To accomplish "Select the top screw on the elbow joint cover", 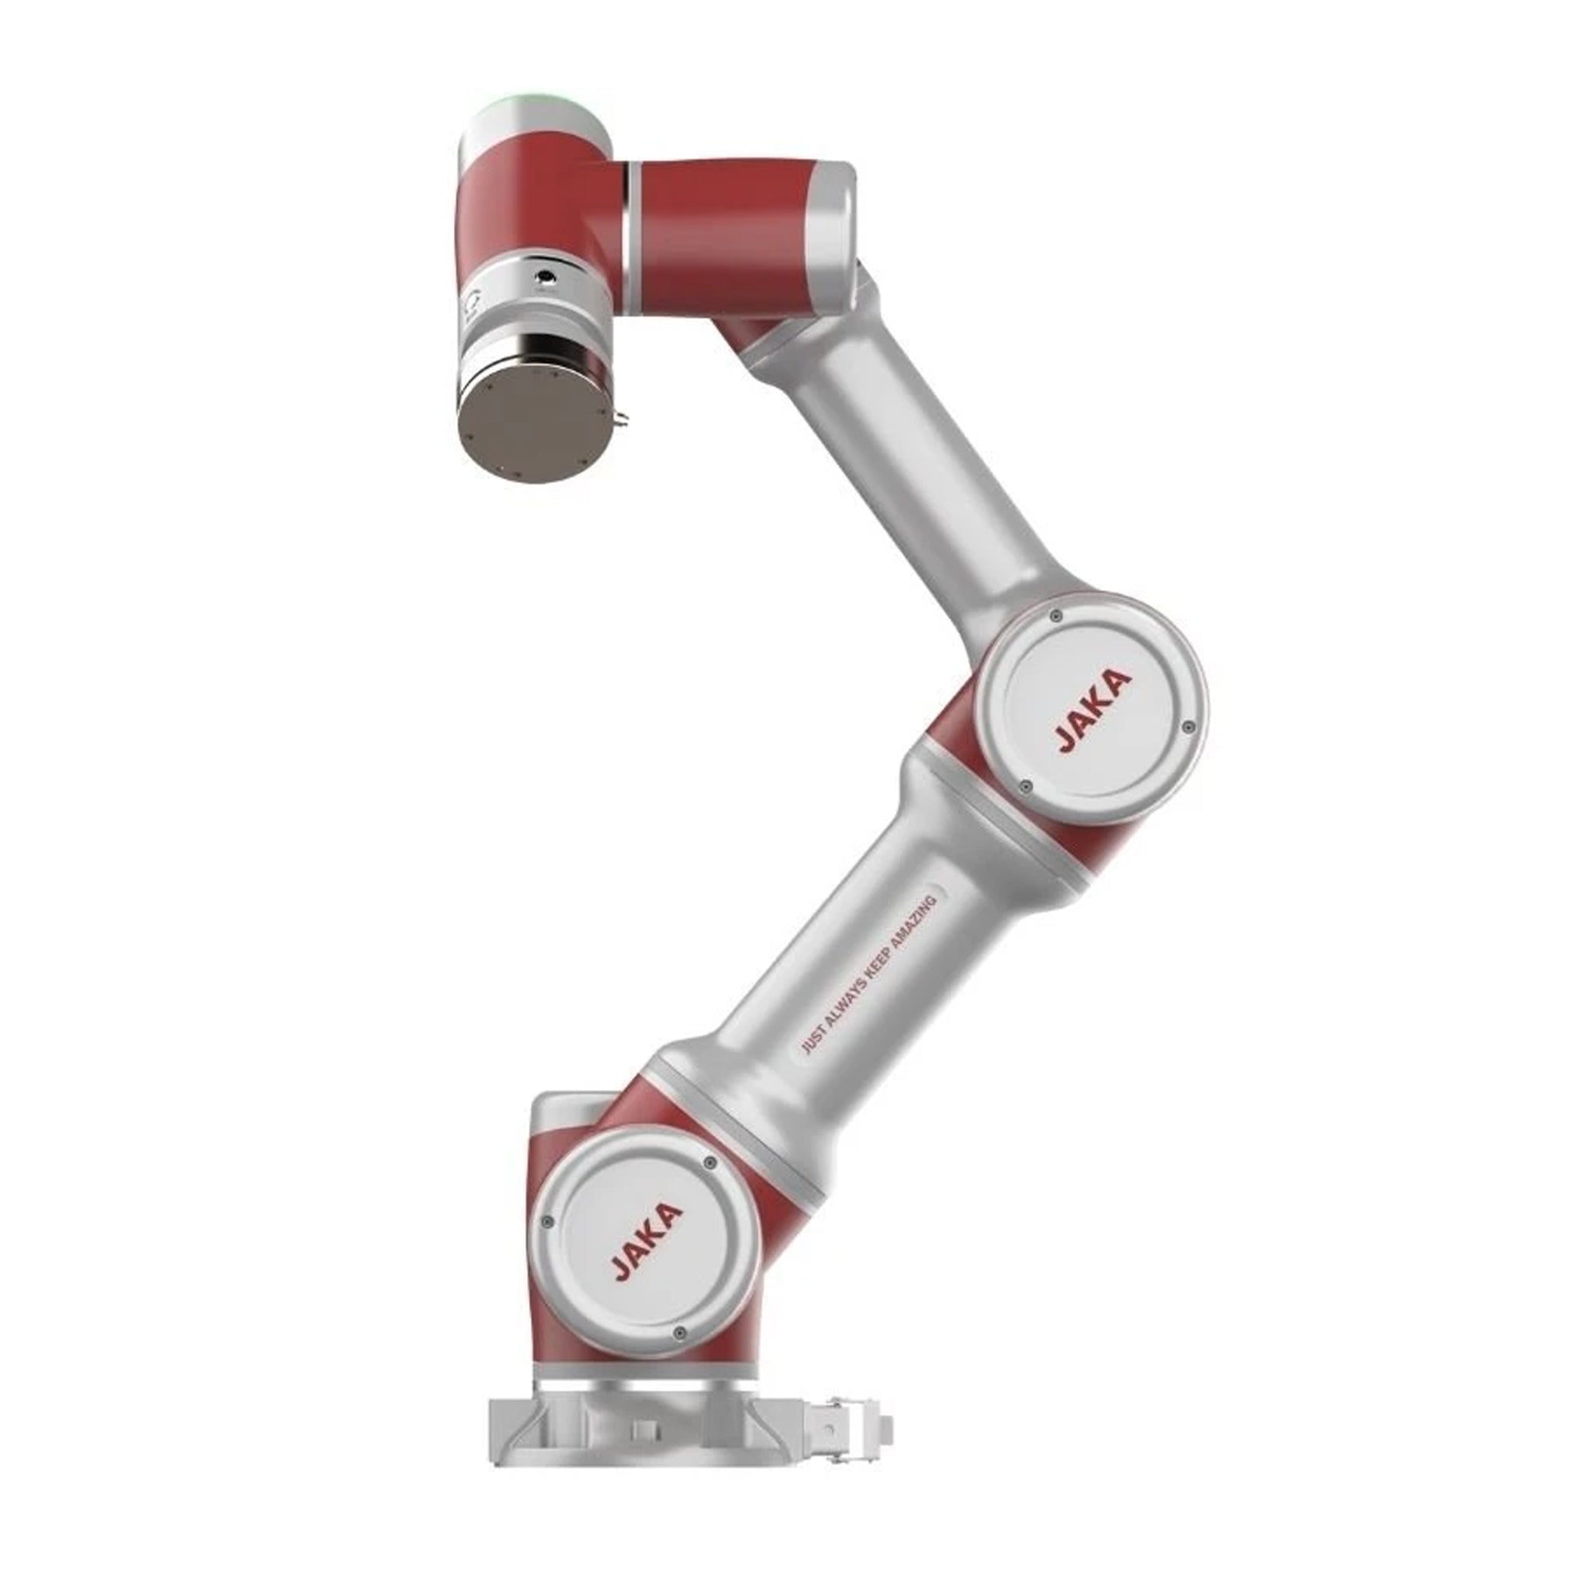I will (1056, 614).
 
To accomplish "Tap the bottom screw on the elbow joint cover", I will (1026, 786).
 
